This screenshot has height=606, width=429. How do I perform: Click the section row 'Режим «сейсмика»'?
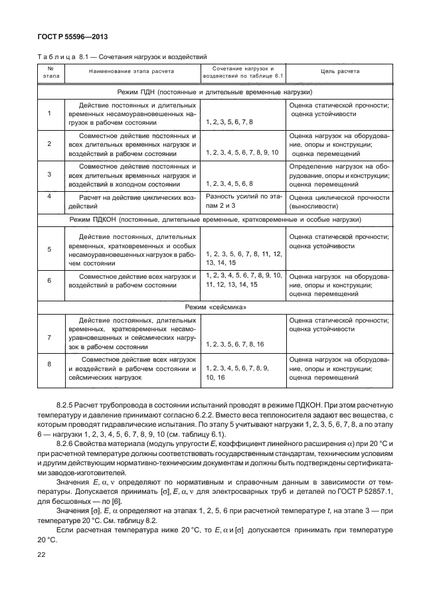214,307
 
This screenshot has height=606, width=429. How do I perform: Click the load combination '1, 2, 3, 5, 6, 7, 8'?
229,123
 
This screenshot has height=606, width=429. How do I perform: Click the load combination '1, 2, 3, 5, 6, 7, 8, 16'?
235,345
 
